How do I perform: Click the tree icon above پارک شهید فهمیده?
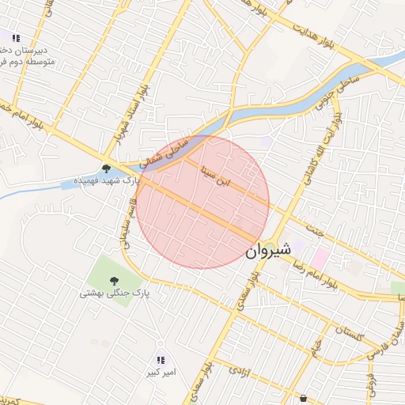point(106,168)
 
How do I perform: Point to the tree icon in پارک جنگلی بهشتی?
point(114,280)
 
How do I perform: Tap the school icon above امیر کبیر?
point(161,360)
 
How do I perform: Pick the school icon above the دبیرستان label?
point(16,37)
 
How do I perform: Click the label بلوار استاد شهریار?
point(131,112)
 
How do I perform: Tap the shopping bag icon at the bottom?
point(304,399)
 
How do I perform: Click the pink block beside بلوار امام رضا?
point(320,258)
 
